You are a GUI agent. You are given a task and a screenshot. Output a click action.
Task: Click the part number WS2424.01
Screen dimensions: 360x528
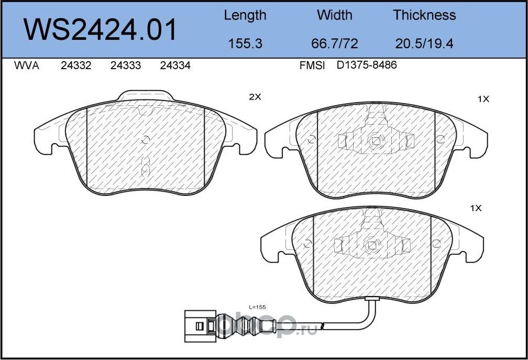101,30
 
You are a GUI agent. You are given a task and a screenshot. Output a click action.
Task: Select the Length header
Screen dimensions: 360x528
245,15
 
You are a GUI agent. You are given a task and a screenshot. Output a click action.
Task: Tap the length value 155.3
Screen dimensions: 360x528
245,43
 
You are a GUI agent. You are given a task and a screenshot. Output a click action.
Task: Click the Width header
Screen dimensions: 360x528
334,15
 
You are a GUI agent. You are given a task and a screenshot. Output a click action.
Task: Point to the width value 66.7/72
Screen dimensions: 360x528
335,43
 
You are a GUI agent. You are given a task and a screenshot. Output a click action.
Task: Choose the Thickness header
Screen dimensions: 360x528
424,15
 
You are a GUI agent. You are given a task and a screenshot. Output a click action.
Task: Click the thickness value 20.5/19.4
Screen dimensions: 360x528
424,43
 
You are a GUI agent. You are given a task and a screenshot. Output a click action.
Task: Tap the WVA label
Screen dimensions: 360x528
27,66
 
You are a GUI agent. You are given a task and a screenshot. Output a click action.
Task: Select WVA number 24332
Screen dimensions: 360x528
76,66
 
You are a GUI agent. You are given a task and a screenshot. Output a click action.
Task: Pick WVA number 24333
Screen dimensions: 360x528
126,66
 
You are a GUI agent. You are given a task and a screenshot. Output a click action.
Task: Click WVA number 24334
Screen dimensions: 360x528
175,66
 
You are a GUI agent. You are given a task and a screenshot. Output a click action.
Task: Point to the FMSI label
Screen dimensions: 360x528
312,66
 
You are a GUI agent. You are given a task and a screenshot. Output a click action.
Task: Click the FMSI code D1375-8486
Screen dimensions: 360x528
367,66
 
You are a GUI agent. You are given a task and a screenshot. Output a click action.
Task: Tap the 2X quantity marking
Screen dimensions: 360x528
255,97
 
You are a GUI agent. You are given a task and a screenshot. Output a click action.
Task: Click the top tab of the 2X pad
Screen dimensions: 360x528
145,96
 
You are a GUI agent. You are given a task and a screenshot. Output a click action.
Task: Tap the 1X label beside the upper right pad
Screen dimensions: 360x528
483,99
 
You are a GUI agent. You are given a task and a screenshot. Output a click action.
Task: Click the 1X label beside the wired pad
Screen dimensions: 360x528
475,208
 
